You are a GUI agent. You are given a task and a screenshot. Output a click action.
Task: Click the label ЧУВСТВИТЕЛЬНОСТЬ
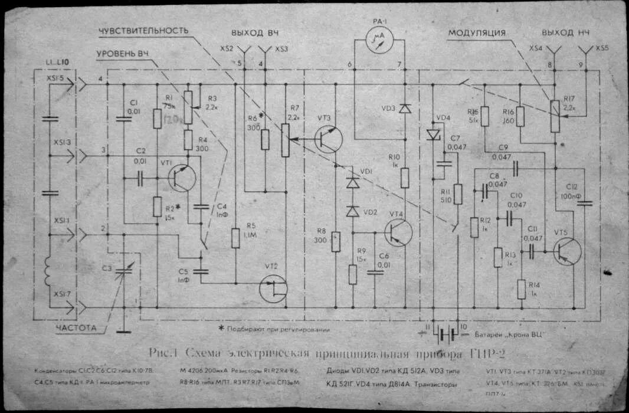[x=144, y=30]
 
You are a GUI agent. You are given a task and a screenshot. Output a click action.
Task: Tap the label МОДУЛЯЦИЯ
[x=477, y=32]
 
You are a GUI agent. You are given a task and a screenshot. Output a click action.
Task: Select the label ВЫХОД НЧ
[x=565, y=32]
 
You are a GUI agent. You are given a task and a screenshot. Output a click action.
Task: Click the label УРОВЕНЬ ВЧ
[x=123, y=54]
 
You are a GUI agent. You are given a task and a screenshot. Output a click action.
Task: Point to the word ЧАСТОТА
[x=76, y=328]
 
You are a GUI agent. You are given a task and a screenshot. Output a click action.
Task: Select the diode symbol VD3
[x=404, y=108]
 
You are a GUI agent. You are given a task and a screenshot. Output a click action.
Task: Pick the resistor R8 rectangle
[x=336, y=242]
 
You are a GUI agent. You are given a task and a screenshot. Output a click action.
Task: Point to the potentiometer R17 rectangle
[x=555, y=116]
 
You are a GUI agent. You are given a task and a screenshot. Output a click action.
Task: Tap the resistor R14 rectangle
[x=522, y=289]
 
